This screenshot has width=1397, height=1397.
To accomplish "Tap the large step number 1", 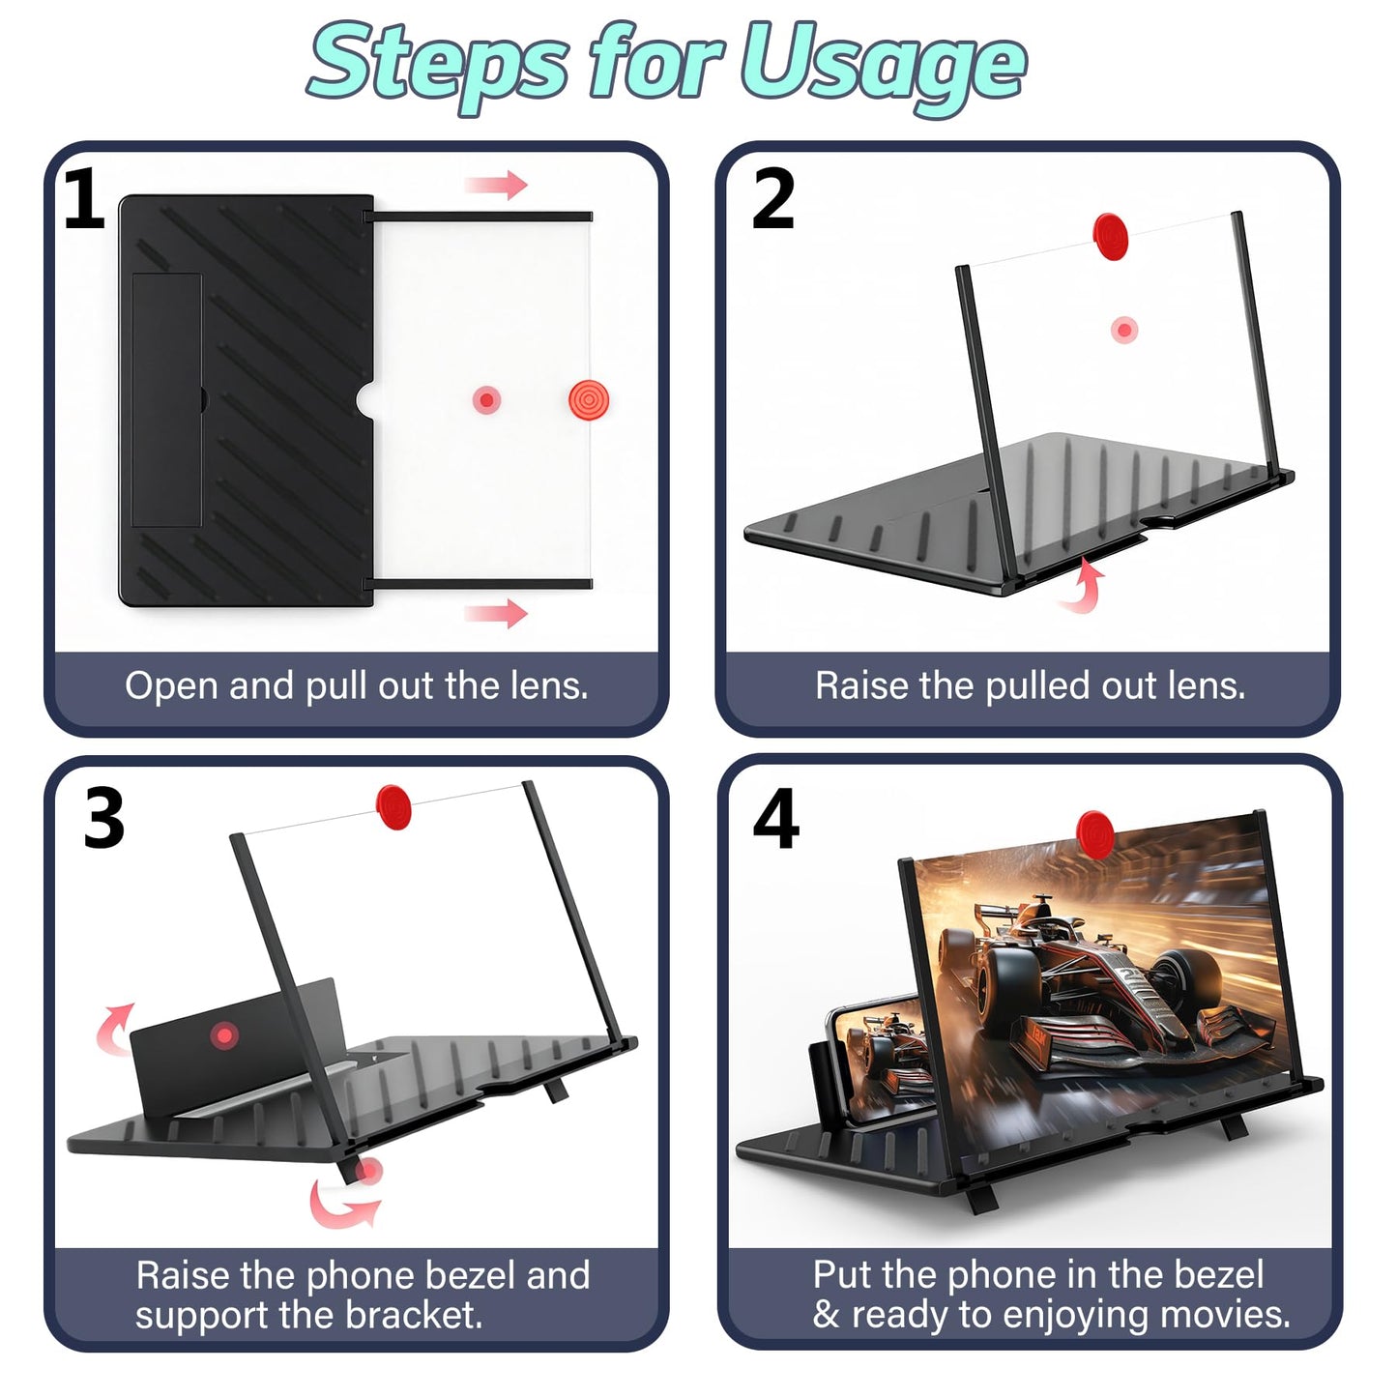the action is click(84, 198).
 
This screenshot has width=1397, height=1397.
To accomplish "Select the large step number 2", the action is click(772, 198).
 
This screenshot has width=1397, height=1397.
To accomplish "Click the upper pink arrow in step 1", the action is click(497, 185).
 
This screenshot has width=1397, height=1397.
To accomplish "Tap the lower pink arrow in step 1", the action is click(497, 613).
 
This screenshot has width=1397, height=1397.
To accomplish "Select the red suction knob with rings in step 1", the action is click(589, 399).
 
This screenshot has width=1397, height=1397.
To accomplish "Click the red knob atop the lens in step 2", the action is click(1111, 236).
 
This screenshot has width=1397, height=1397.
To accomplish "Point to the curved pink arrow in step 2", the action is click(1083, 586).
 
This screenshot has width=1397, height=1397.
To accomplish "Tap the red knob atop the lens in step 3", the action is click(393, 806).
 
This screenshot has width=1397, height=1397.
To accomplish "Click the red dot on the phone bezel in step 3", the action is click(224, 1034).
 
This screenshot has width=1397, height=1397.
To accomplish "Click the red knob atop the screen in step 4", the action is click(1094, 834).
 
